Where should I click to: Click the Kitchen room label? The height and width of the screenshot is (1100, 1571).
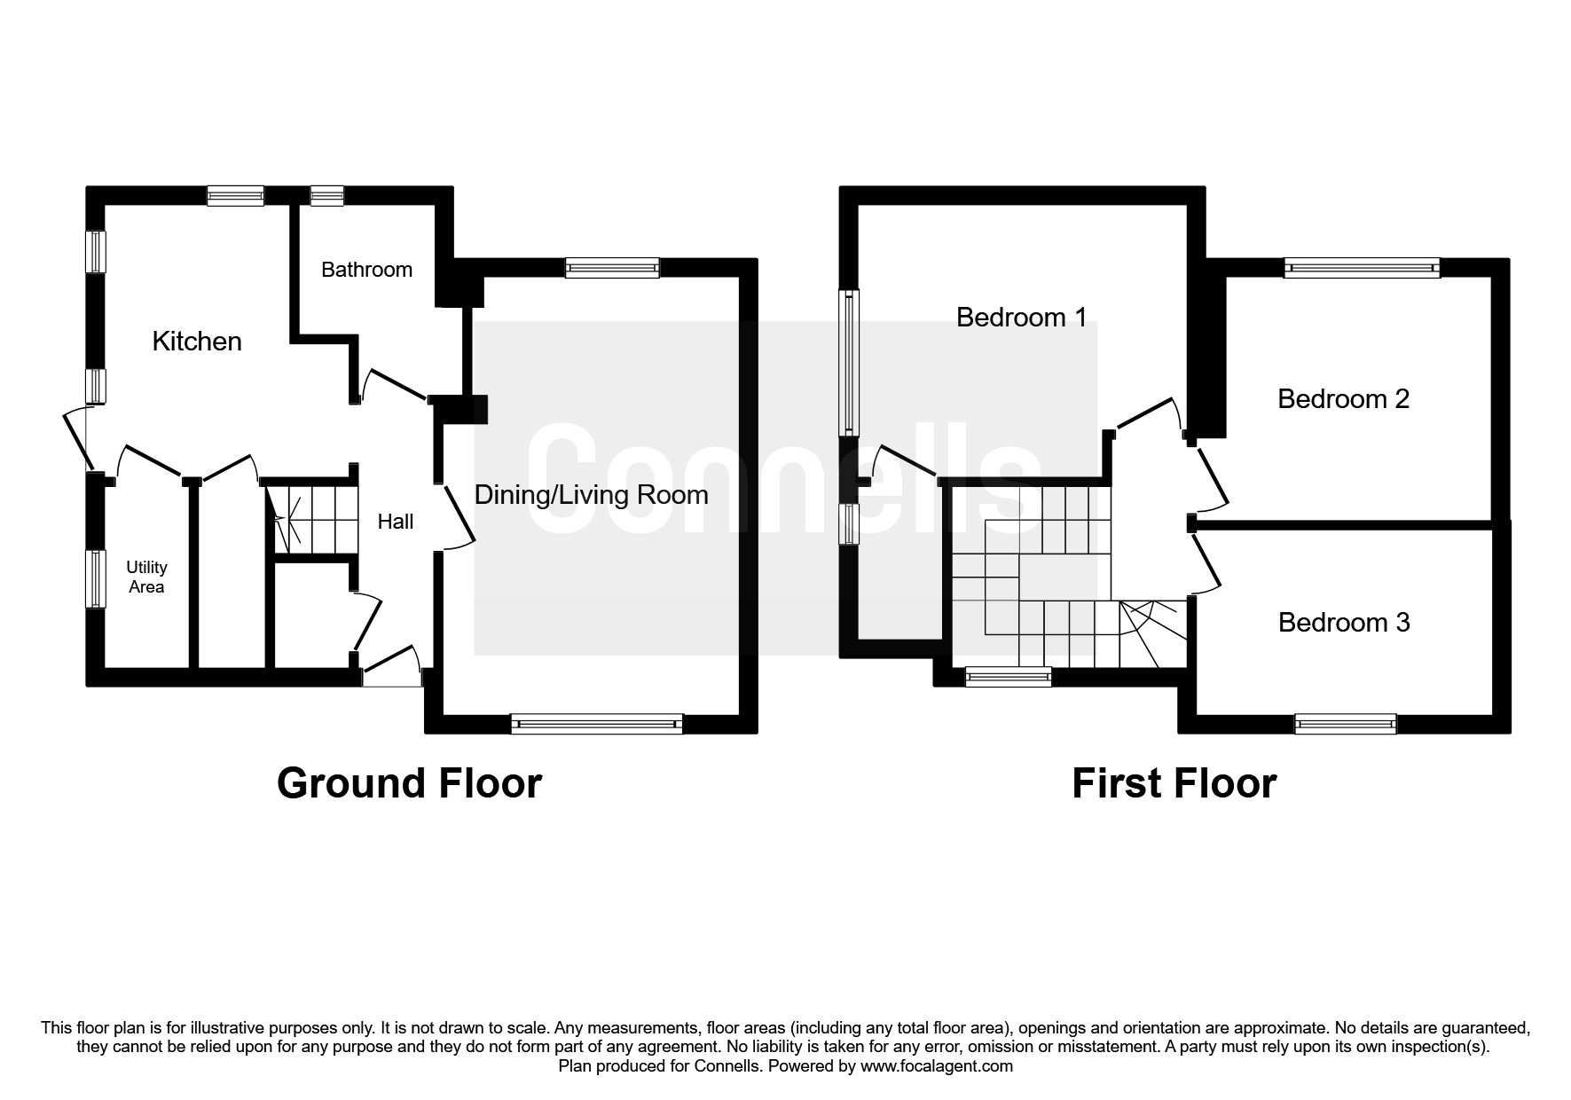(197, 342)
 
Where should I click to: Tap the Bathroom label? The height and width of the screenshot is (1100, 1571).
(366, 270)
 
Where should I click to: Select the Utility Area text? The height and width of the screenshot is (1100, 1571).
(146, 577)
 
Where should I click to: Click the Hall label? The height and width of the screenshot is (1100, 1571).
(396, 522)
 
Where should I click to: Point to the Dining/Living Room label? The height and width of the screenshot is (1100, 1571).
(591, 495)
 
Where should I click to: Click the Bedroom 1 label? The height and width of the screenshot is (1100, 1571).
(1021, 317)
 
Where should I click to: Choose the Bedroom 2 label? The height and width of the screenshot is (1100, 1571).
(1343, 399)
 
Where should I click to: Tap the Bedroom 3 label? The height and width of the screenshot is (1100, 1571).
(1343, 623)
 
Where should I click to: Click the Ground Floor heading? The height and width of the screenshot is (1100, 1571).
(409, 783)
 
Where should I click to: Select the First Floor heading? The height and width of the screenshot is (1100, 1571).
(1174, 783)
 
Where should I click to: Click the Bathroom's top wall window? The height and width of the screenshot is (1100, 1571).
(327, 195)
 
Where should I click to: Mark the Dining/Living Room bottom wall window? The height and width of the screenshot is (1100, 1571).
(597, 724)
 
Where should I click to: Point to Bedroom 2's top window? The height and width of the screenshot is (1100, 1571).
(1362, 267)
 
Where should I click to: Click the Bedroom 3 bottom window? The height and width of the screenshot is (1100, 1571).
(1346, 724)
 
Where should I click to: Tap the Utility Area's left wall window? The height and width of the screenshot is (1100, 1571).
(96, 579)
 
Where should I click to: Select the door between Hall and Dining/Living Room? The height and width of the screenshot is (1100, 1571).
(458, 517)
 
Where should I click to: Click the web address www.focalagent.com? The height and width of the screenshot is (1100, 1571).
(936, 1066)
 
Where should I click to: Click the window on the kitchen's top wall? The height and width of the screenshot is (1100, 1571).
(236, 195)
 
